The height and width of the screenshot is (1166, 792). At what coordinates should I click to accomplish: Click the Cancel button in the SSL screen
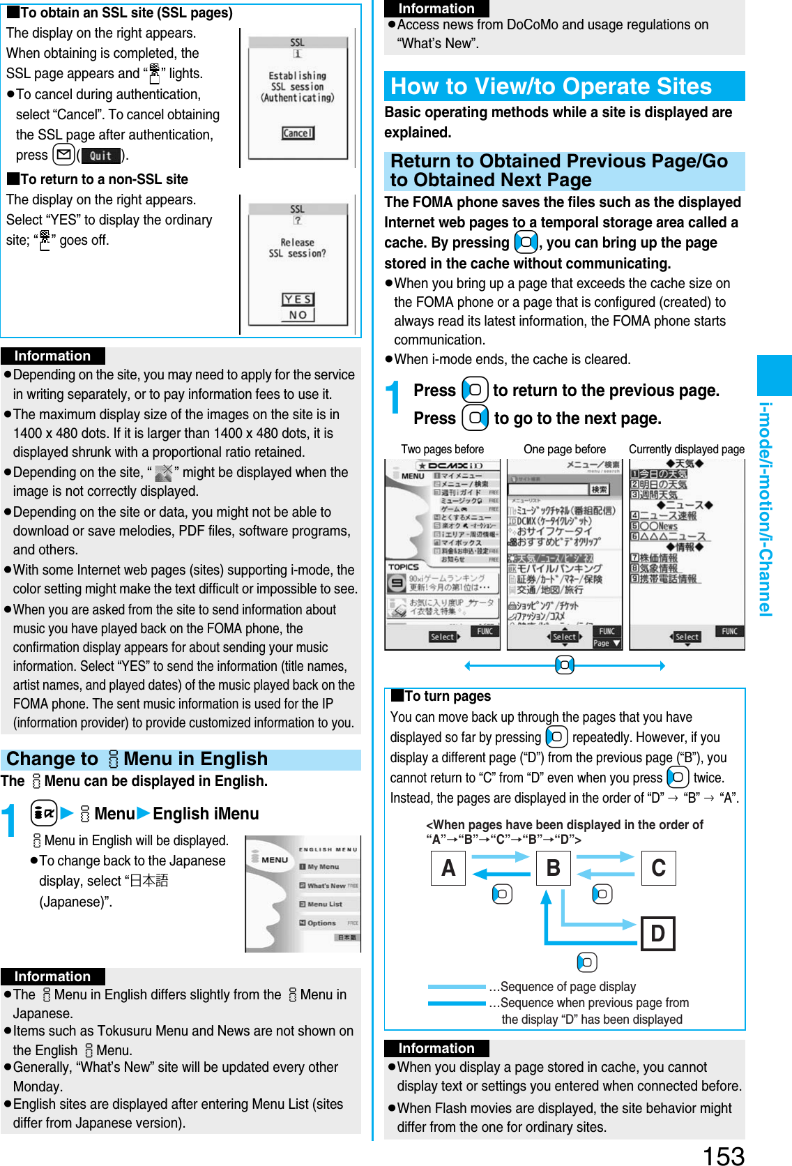[298, 132]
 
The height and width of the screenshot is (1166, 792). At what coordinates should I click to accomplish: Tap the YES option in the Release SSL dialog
[298, 299]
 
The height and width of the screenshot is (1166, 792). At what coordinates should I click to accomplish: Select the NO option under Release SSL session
[298, 315]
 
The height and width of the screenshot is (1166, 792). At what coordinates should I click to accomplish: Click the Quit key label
[101, 156]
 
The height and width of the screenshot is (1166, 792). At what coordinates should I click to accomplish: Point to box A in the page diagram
[448, 868]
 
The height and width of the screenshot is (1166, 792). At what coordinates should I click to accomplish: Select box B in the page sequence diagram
[554, 868]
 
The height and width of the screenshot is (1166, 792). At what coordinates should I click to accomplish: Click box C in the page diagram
[658, 868]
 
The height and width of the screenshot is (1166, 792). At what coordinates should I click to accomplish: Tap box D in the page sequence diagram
[657, 933]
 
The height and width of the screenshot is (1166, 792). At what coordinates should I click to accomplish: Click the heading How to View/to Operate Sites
[551, 86]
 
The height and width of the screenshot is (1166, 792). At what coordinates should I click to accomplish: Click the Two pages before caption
[442, 449]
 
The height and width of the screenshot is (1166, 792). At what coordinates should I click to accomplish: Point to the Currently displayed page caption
[686, 449]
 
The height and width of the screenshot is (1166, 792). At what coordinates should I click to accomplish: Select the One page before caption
[564, 449]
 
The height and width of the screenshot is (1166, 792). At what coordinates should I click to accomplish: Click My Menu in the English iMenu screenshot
[323, 867]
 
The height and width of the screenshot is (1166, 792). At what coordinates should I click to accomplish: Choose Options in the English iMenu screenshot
[321, 923]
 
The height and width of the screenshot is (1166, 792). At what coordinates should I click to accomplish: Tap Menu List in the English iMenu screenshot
[324, 904]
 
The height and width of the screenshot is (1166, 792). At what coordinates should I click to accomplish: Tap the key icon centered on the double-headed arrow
[565, 665]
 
